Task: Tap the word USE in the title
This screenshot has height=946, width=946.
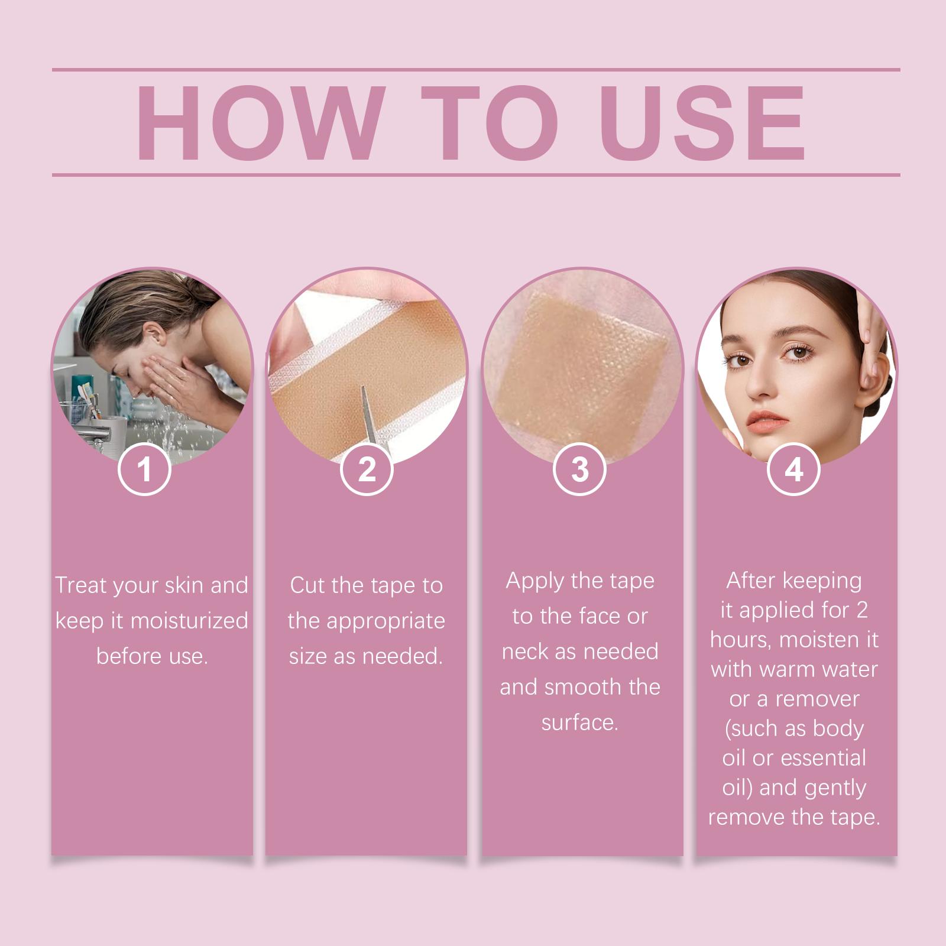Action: click(x=702, y=123)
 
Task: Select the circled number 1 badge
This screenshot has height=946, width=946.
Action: click(x=144, y=469)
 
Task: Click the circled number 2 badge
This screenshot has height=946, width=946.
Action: click(x=367, y=469)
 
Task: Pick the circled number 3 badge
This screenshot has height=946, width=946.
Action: click(x=580, y=469)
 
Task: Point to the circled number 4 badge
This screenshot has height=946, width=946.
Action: click(x=793, y=469)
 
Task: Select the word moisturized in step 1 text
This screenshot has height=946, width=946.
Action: click(x=189, y=621)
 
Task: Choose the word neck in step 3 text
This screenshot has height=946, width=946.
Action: click(x=525, y=651)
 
